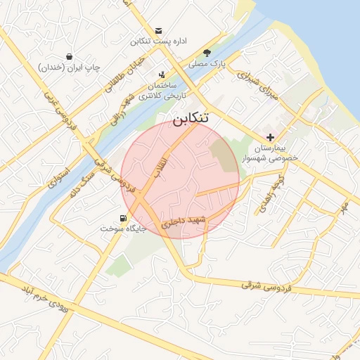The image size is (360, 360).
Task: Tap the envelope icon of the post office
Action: (x=159, y=31)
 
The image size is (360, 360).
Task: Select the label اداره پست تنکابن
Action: (x=158, y=42)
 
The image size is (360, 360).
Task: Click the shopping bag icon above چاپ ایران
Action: (x=69, y=56)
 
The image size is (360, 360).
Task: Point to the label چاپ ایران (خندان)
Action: (x=69, y=67)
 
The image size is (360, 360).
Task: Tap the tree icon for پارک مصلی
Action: (x=207, y=53)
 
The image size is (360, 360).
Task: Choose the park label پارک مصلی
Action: (x=208, y=63)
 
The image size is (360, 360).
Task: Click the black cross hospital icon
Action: (x=271, y=136)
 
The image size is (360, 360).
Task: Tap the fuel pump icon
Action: (x=124, y=218)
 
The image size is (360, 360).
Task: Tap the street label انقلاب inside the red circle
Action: (x=160, y=164)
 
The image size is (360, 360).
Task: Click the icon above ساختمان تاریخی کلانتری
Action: (x=162, y=75)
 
